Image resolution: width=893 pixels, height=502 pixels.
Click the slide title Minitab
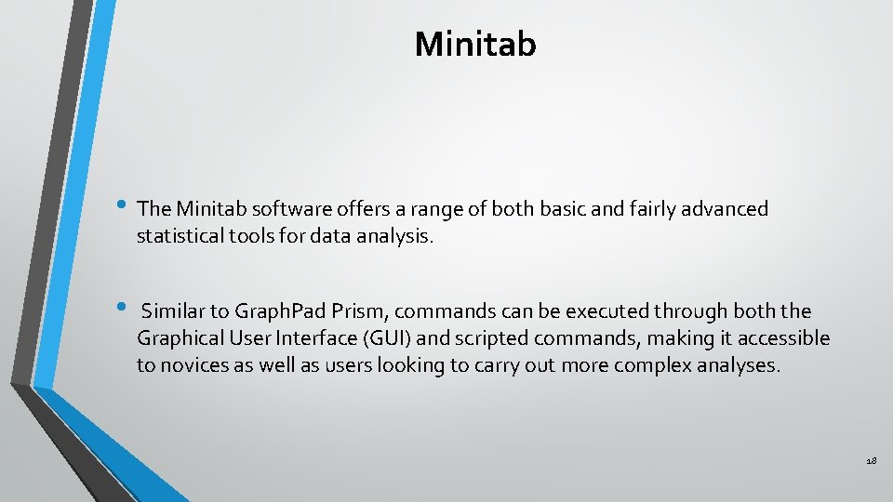[x=475, y=44]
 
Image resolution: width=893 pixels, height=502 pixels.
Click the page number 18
[x=871, y=461]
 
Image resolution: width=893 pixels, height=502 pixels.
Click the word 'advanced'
[x=727, y=209]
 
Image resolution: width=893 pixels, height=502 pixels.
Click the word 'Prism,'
[x=342, y=311]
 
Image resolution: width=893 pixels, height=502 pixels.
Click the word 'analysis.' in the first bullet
[x=395, y=236]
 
